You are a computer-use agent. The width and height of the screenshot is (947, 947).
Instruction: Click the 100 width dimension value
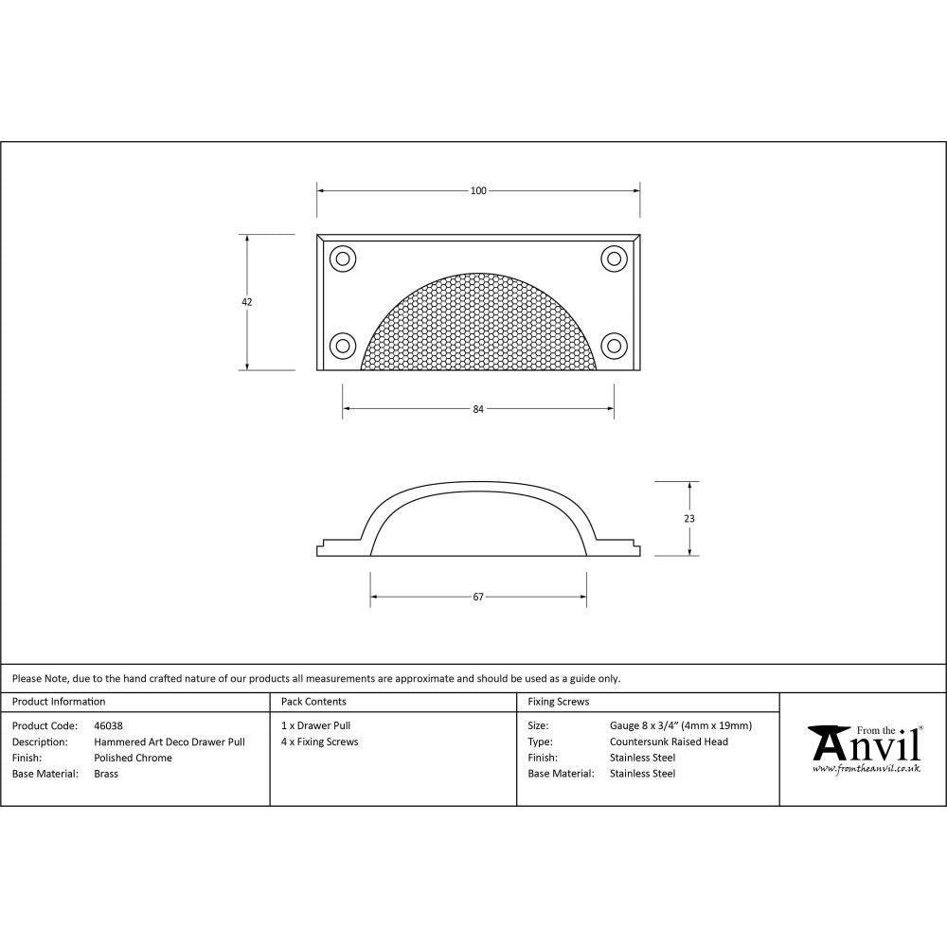click(x=478, y=191)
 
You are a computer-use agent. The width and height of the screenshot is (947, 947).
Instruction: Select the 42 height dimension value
click(x=247, y=302)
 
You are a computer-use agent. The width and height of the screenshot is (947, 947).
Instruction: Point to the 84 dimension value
click(x=478, y=409)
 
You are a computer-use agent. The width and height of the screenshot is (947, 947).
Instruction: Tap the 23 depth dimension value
click(x=689, y=518)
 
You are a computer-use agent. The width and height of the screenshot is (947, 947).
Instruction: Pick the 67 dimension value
click(x=478, y=597)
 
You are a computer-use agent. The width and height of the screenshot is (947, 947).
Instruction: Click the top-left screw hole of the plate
click(x=341, y=258)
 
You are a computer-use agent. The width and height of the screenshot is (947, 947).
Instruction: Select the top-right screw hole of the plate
click(x=614, y=258)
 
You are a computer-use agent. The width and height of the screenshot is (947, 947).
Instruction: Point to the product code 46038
click(x=109, y=726)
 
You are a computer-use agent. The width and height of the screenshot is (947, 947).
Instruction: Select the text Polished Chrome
click(x=134, y=758)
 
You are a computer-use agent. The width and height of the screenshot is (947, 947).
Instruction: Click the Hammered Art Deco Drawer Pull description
click(x=170, y=742)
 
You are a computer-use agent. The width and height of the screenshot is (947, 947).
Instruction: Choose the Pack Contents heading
click(x=313, y=702)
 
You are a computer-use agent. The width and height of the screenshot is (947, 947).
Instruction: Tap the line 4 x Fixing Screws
click(x=320, y=742)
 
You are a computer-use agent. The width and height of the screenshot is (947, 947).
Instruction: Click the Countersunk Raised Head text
click(x=669, y=742)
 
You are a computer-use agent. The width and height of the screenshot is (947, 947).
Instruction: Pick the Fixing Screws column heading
click(x=559, y=702)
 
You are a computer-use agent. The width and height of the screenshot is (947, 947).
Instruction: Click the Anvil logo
click(x=864, y=744)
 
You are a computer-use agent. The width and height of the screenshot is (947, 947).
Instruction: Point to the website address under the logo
click(x=866, y=768)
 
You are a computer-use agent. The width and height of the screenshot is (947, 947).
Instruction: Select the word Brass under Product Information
click(x=106, y=773)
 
